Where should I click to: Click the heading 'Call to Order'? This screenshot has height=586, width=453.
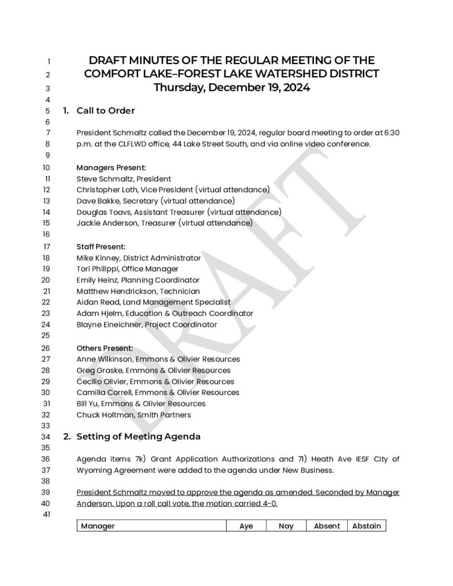point(105,110)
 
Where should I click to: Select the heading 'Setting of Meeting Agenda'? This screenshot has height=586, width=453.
point(138,437)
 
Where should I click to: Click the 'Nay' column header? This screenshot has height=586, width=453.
point(286,526)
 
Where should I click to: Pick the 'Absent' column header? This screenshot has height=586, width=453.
point(326,526)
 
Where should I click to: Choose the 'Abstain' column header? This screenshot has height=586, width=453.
point(367,526)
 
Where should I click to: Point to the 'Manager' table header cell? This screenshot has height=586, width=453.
point(98,526)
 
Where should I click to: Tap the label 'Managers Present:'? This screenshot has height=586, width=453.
point(111,168)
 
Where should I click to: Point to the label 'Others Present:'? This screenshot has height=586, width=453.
point(105,348)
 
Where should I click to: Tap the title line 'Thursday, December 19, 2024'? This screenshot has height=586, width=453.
point(231,88)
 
